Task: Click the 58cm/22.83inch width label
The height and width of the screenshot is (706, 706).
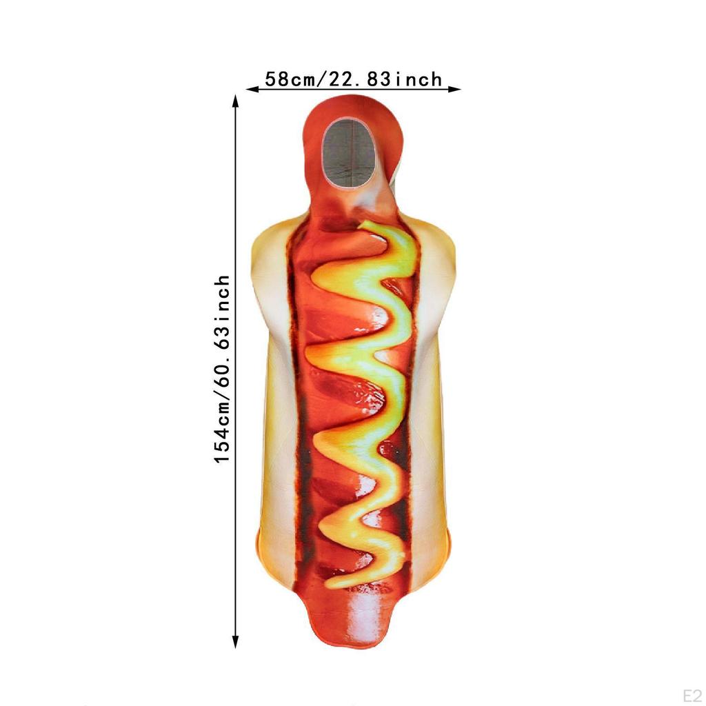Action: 354,79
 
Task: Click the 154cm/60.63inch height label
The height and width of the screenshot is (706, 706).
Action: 222,370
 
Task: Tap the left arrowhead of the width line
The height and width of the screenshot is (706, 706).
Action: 252,89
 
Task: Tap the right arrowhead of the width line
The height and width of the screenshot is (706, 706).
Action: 454,89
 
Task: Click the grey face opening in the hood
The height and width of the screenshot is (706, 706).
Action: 350,153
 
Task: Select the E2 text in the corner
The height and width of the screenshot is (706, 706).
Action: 692,695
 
